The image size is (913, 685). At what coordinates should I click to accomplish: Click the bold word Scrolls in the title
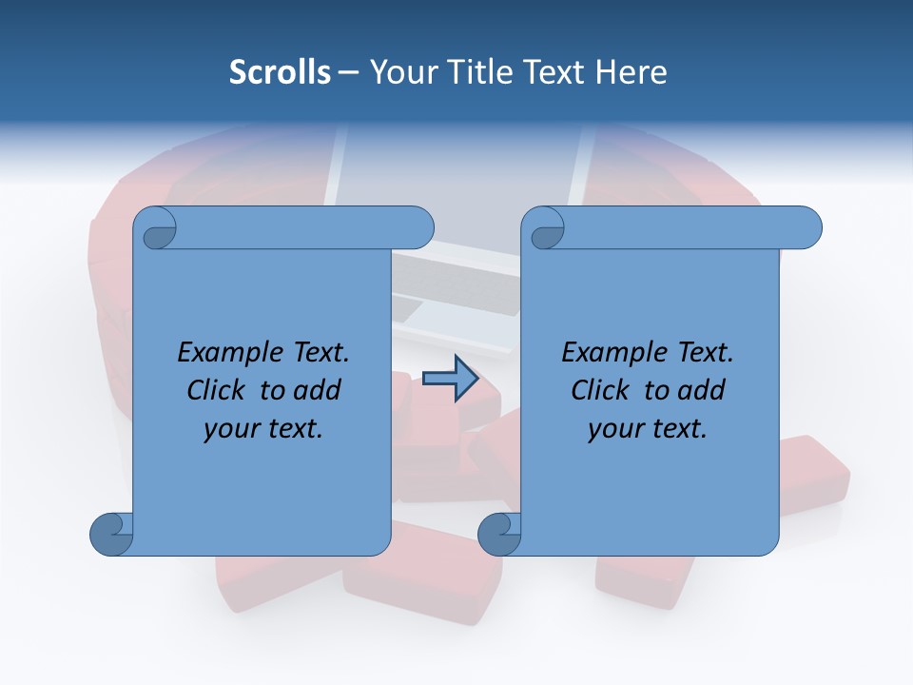(x=280, y=72)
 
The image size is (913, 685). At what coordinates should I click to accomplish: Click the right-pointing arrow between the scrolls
(x=451, y=379)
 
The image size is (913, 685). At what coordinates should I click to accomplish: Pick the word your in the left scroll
(x=229, y=429)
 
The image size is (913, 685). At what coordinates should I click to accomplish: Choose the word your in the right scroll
(x=613, y=429)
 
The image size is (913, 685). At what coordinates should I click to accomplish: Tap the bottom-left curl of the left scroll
(x=111, y=533)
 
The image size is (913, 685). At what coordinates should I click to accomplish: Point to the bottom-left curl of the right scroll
(x=499, y=533)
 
